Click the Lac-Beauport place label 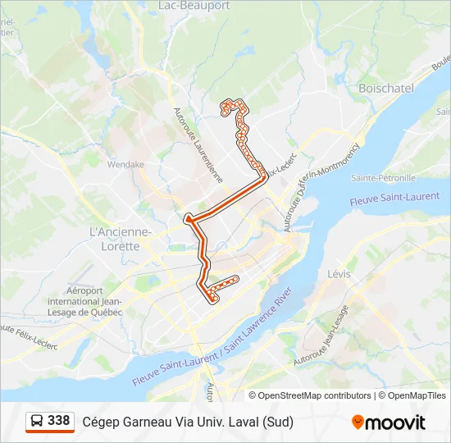coord(194,5)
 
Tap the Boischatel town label coord(385,88)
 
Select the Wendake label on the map coord(125,164)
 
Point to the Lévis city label coord(339,273)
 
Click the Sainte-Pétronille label coord(383,177)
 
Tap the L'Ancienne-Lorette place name coord(121,239)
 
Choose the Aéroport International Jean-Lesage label coord(85,301)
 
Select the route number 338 coord(59,421)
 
